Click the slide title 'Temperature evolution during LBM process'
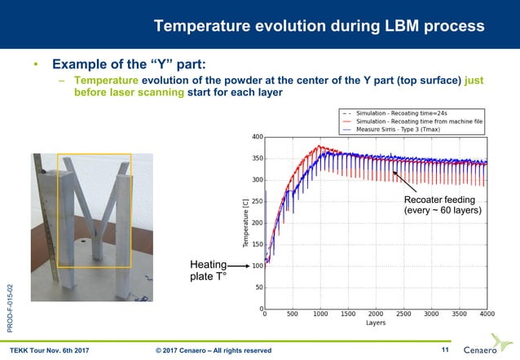click(x=319, y=26)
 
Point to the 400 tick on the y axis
click(x=257, y=137)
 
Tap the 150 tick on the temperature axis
click(x=257, y=244)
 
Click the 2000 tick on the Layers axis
click(x=376, y=314)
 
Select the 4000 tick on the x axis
click(x=487, y=314)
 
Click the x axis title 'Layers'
click(x=376, y=323)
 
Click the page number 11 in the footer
click(x=445, y=349)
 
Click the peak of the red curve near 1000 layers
click(x=320, y=147)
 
